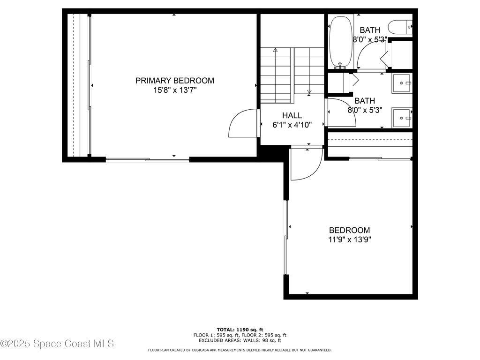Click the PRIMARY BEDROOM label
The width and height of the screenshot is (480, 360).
point(174,81)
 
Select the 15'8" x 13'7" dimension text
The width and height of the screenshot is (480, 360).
point(174,90)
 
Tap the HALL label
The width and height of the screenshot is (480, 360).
point(292,115)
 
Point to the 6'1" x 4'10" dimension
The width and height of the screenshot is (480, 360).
point(292,125)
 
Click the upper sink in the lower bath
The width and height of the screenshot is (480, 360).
point(401,83)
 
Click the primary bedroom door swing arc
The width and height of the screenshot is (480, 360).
point(243,123)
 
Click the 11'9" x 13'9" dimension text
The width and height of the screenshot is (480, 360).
point(349,240)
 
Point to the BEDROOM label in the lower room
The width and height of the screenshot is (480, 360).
point(349,230)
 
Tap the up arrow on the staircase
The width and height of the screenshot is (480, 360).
point(275,50)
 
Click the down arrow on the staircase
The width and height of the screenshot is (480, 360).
point(309,91)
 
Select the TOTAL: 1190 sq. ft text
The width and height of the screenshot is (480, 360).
point(240,330)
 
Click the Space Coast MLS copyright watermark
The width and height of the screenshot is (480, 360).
point(57,344)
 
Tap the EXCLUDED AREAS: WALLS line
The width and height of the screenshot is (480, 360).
point(240,341)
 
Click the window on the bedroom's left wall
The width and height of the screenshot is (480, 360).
point(285,238)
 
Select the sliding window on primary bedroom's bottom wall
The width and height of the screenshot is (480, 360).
point(147,160)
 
